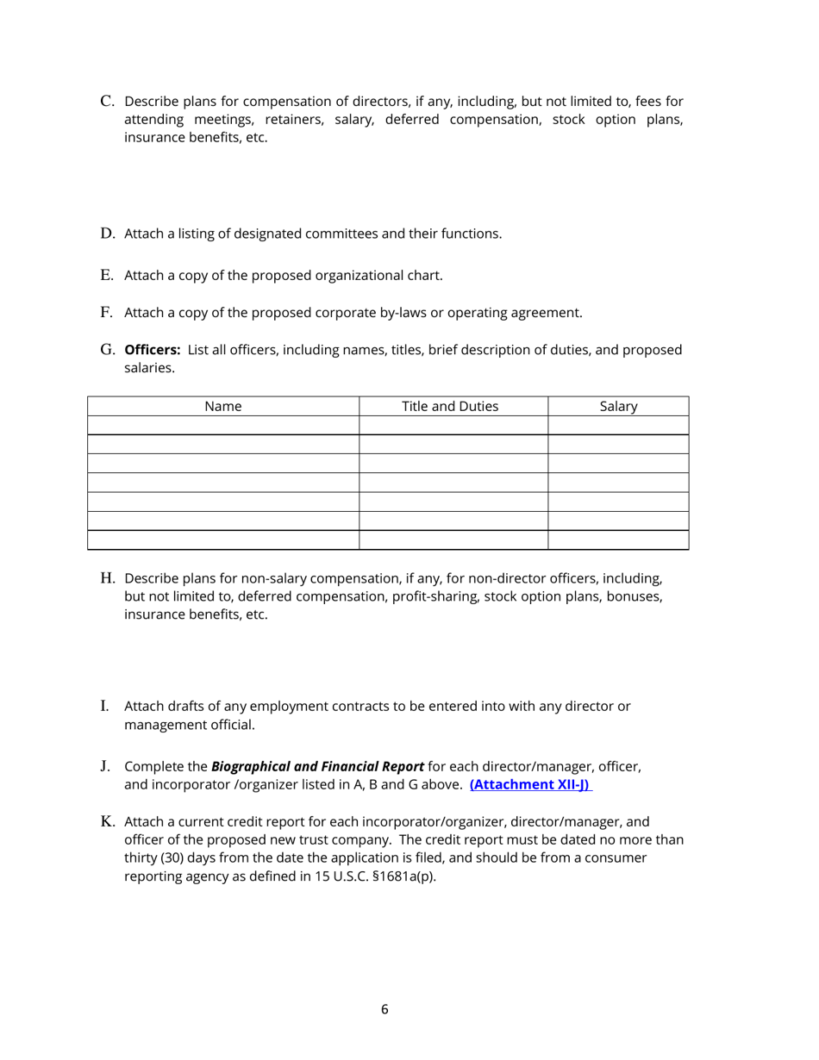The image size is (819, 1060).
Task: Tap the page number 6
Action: pos(384,1009)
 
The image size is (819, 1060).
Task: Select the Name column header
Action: pos(222,407)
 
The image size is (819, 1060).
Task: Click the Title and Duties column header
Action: pos(450,407)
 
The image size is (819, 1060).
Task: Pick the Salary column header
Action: pos(617,407)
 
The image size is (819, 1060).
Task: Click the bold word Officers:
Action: pos(153,350)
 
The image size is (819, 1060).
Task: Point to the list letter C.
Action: pos(108,102)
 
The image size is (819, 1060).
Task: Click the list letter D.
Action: pos(108,234)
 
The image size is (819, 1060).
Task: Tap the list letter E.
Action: pos(107,276)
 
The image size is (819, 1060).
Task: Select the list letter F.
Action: pos(107,313)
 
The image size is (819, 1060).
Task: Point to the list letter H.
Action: pos(108,577)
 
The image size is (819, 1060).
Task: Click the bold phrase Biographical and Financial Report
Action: pos(317,766)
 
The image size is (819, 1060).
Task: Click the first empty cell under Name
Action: pos(222,426)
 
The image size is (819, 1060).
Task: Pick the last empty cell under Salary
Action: pos(617,540)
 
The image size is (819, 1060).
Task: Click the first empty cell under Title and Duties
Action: pos(453,426)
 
